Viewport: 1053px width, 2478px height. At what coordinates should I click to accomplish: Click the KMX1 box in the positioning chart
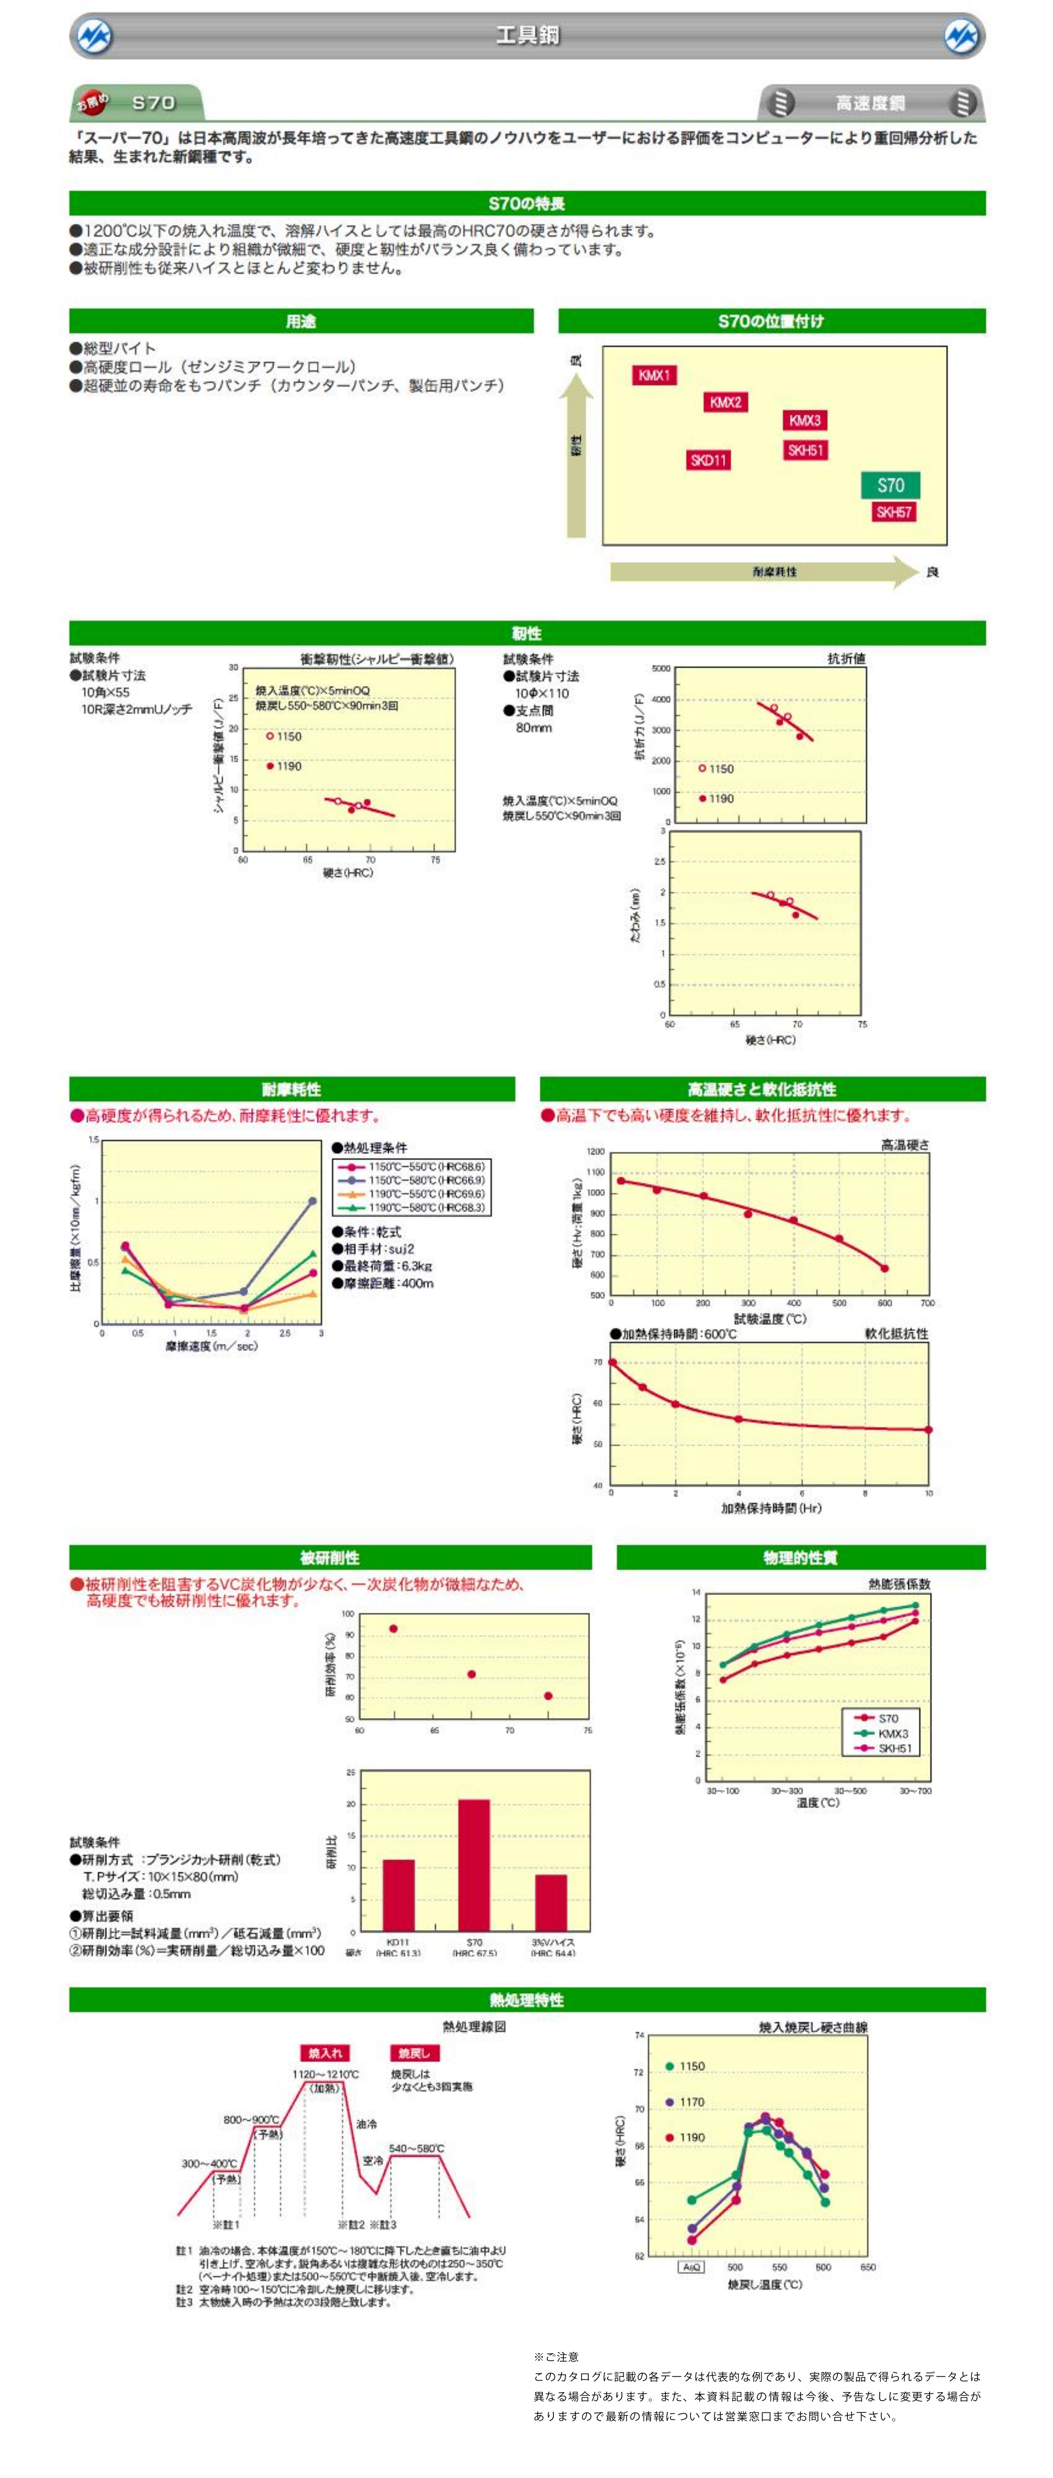[654, 375]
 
